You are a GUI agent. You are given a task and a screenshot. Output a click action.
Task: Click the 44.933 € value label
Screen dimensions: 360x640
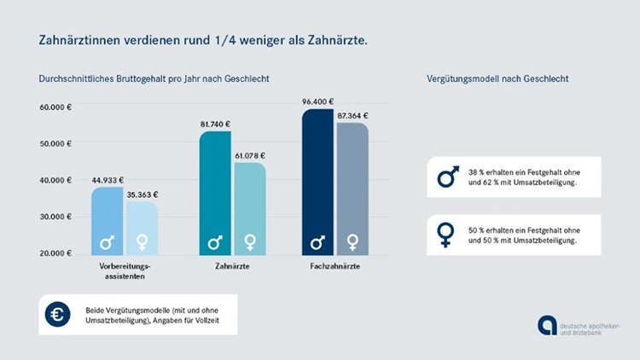(108, 180)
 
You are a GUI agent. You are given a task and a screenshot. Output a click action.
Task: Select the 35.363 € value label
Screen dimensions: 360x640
(142, 195)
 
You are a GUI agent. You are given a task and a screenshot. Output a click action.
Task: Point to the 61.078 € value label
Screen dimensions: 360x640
(249, 156)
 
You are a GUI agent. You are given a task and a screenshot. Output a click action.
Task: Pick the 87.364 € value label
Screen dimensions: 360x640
(352, 115)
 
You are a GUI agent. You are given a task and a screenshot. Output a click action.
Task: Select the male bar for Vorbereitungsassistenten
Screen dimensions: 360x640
(108, 222)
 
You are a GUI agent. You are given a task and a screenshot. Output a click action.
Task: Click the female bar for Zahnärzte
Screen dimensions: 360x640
(249, 209)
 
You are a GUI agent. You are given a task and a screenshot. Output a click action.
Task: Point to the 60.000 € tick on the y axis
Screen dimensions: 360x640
(55, 107)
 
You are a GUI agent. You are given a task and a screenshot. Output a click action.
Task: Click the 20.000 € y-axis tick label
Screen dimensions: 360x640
(55, 254)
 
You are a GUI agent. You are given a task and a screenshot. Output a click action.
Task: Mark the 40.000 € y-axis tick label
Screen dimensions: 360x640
(55, 181)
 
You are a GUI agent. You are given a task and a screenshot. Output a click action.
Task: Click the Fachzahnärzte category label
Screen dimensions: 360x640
(335, 268)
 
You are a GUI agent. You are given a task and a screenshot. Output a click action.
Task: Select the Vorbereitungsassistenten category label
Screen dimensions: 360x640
(125, 272)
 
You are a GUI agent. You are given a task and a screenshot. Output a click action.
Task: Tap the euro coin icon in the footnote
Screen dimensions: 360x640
(58, 314)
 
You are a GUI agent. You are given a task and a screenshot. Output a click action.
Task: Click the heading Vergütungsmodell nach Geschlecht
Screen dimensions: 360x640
(497, 79)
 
